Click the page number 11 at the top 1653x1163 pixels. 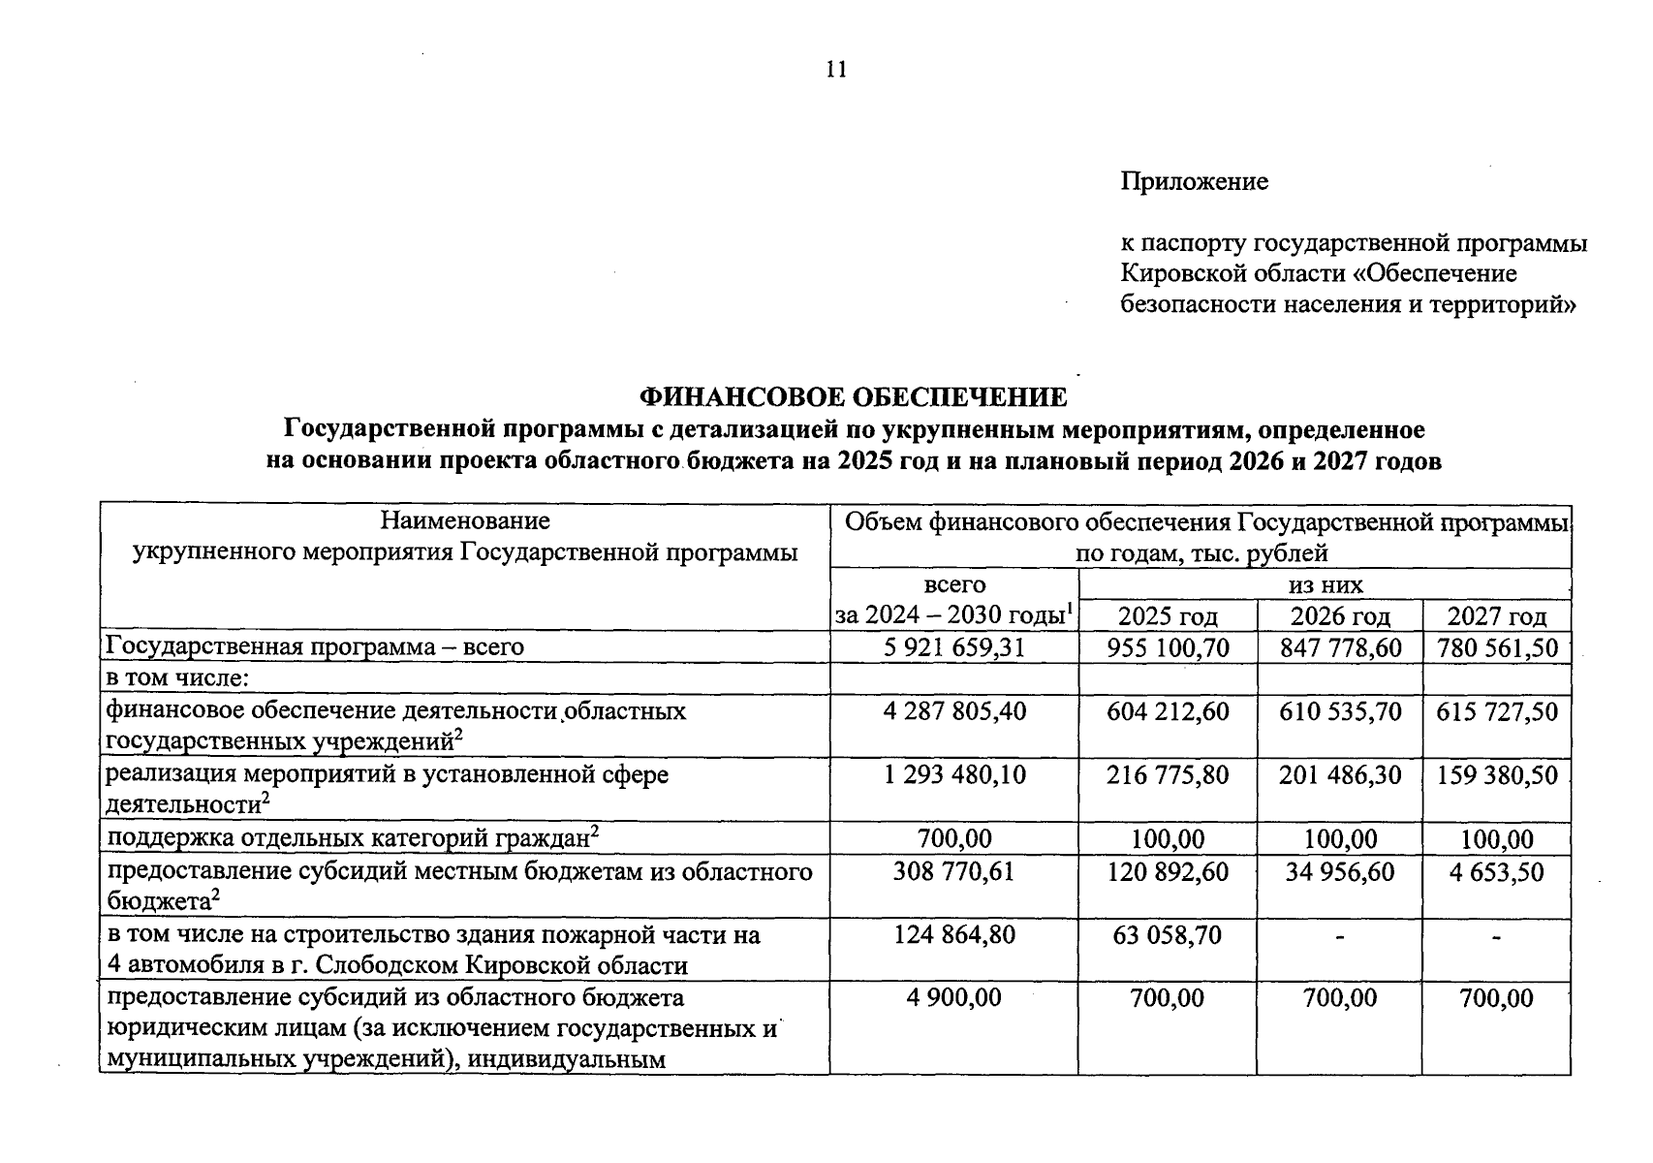pos(836,69)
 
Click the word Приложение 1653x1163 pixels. pos(1194,181)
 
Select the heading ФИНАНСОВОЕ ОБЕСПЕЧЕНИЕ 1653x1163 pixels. pos(853,396)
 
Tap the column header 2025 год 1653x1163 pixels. pos(1168,616)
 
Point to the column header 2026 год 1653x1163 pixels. pos(1340,616)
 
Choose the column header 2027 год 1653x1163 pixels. pos(1496,616)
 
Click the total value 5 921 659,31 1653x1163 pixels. pos(954,647)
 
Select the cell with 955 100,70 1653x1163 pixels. pos(1168,647)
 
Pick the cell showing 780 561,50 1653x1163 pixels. pos(1496,647)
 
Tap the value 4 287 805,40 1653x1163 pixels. pos(954,712)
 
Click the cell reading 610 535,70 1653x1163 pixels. pos(1340,712)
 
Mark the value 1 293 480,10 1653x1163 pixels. pos(954,775)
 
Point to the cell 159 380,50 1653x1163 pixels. pos(1496,775)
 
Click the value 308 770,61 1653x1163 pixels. pos(954,871)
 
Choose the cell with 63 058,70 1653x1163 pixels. pos(1168,935)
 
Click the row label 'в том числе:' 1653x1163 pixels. pos(178,678)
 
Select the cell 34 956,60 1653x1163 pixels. pos(1340,871)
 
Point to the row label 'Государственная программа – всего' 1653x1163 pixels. pos(315,647)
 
